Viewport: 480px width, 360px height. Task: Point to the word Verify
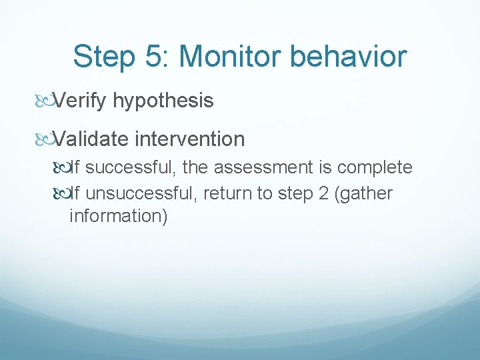81,101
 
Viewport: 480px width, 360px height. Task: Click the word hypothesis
163,101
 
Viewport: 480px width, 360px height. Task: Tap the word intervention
189,139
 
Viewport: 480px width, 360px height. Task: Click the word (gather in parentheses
361,194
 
